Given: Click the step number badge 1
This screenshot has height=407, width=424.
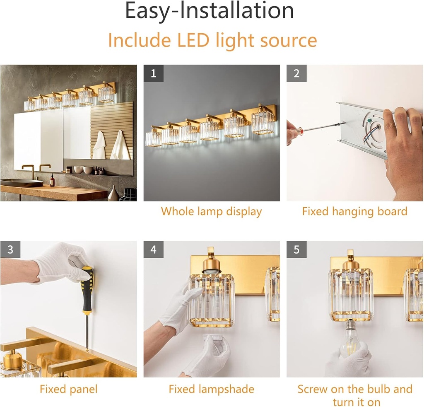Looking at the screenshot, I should coord(153,74).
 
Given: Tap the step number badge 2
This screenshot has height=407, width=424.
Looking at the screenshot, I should coord(296,74).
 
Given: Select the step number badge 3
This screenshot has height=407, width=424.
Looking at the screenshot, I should coord(10,250).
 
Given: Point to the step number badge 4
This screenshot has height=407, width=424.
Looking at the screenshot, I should coord(153,250).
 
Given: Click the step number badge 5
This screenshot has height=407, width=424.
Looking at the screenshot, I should coord(296,250).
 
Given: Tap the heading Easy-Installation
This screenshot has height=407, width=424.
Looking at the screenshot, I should coord(210,12).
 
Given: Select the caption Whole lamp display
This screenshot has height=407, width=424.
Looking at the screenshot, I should coord(211,211).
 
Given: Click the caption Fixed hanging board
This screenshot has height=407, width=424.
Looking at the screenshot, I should coord(354,211).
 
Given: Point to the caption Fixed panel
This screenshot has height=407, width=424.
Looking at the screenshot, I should coord(68,389).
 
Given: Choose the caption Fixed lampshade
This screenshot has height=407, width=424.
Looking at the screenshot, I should coord(211,389).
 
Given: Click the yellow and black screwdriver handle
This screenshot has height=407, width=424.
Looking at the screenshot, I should coord(87,290).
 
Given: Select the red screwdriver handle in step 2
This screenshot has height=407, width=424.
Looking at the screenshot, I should coord(293,132).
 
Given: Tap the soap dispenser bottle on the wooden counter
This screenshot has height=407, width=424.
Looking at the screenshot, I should coord(52,180).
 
